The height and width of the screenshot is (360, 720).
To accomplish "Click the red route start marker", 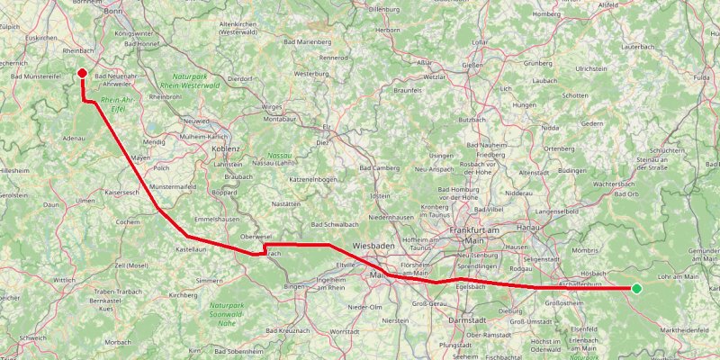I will (x=82, y=73).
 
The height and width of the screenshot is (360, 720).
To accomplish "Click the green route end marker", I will (x=636, y=288).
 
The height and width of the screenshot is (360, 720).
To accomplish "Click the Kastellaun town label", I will (x=192, y=248).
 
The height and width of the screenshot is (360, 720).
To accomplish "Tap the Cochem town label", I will (x=128, y=221).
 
